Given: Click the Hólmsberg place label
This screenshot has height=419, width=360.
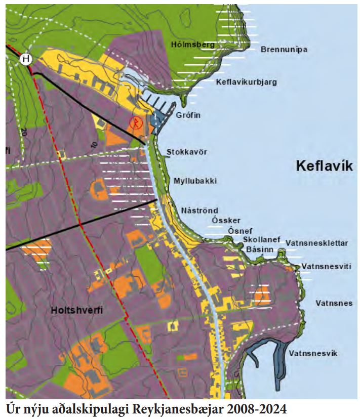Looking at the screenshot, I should (192, 45).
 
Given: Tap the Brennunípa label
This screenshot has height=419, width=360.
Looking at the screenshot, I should (284, 50).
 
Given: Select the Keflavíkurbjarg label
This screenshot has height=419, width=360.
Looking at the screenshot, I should (246, 82).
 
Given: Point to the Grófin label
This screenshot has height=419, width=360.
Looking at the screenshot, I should (188, 115).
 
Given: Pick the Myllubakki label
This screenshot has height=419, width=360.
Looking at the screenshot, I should (195, 181).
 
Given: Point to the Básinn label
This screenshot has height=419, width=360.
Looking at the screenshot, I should (259, 249).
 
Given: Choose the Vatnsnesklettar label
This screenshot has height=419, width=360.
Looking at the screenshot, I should (316, 243).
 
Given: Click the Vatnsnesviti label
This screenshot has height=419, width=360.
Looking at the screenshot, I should (326, 266).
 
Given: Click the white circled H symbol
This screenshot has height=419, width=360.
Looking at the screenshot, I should (26, 59).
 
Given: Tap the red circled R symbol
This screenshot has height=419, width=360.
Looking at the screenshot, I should (135, 122).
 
